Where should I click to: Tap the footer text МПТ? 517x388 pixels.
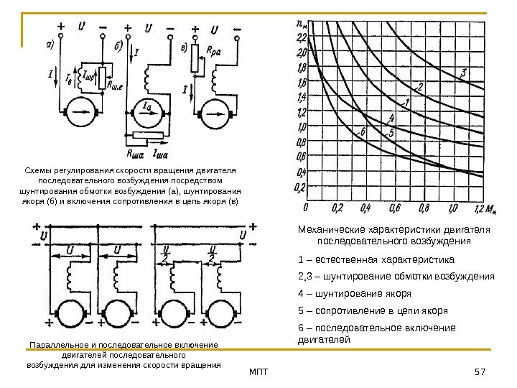tap(258, 371)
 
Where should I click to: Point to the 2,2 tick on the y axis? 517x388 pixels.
tap(301, 37)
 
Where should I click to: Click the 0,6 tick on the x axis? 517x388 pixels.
tap(394, 208)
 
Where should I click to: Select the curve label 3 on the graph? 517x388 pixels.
tap(464, 73)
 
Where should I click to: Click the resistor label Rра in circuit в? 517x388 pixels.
tap(214, 52)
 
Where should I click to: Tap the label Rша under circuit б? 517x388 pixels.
tap(134, 153)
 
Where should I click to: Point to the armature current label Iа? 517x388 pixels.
tap(147, 106)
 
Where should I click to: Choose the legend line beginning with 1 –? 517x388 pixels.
tap(376, 259)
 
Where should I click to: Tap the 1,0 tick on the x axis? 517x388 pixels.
tap(452, 208)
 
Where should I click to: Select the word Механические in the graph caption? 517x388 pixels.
tap(333, 229)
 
